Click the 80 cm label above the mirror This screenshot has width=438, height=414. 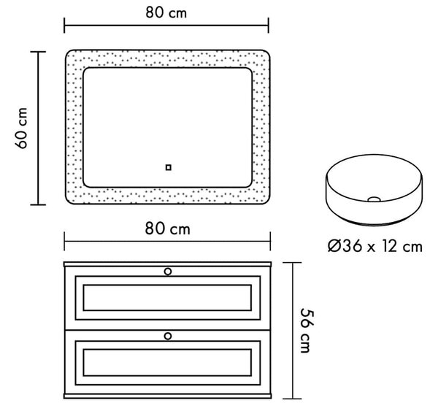click(166, 13)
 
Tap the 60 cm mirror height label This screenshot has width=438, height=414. click(21, 128)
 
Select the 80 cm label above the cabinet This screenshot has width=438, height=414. click(168, 229)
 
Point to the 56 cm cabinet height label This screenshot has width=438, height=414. click(307, 331)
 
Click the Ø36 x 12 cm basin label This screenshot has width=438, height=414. click(375, 246)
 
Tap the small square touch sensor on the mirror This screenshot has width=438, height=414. click(168, 168)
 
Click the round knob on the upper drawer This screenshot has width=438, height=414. click(168, 272)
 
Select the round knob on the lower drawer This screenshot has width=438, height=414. click(168, 336)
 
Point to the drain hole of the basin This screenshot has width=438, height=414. click(374, 199)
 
